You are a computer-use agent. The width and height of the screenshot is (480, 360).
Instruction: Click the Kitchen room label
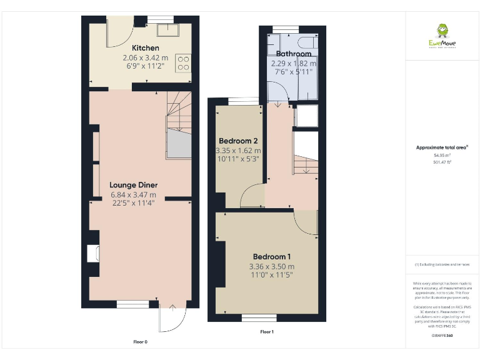145,48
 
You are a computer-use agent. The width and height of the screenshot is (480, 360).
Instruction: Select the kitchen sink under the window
168,30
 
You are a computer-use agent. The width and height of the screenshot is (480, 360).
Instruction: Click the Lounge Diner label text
133,185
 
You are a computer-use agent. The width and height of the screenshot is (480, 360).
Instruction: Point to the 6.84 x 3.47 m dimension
133,194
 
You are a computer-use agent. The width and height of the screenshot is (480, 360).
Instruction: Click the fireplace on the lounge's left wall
93,253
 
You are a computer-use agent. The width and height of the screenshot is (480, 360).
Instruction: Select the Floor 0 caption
141,342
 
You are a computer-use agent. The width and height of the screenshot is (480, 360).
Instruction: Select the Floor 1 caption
267,332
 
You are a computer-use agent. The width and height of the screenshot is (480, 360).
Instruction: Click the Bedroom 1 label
271,257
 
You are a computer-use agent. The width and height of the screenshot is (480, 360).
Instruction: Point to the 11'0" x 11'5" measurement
271,274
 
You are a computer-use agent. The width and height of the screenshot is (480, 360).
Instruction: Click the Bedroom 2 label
238,141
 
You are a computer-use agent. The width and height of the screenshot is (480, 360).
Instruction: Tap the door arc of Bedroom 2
252,196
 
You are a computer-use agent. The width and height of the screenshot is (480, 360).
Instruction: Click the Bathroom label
293,54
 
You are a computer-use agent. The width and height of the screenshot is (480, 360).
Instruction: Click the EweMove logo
442,36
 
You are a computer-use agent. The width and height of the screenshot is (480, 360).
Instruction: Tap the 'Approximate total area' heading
442,147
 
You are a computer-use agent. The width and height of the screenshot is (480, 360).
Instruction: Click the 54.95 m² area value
442,155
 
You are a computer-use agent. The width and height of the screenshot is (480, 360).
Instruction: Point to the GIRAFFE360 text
442,336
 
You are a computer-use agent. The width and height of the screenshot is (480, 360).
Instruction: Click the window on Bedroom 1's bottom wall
259,318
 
